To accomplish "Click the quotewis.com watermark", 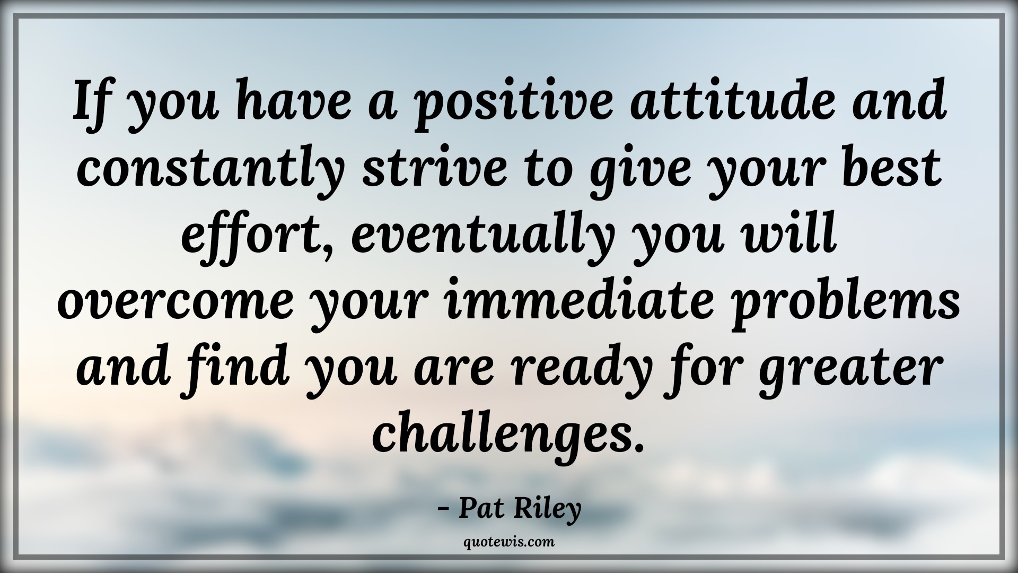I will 508,542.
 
